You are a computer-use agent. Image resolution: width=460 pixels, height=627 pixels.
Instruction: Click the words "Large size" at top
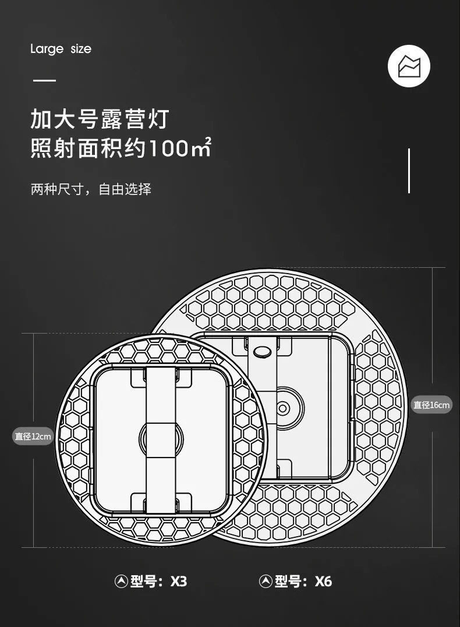[61, 49]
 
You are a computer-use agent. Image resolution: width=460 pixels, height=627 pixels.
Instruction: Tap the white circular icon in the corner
[409, 66]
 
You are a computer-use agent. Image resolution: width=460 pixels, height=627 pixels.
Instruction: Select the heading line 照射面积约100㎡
[121, 148]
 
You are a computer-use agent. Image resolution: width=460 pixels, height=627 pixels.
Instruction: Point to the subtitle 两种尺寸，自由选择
[91, 189]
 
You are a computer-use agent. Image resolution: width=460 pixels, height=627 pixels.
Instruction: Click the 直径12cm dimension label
[33, 436]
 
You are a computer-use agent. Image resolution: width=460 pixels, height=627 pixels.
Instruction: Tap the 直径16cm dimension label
[432, 405]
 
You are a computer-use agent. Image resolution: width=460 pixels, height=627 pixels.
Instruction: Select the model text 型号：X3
[158, 581]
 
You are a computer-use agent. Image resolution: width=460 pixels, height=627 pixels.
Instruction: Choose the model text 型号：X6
[303, 581]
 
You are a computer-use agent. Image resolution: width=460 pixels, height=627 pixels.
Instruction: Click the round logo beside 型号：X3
[121, 581]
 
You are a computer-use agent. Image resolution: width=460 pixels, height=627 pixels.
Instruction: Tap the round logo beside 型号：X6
[266, 581]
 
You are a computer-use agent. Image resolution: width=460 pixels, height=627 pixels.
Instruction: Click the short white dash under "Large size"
[44, 80]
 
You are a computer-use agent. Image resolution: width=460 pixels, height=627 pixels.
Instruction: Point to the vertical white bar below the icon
[409, 171]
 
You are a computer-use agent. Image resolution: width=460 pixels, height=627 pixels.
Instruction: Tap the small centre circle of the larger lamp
[283, 408]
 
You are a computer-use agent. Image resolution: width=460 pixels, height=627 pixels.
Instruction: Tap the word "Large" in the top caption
[47, 49]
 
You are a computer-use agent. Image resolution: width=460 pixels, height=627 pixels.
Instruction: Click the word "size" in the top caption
[81, 49]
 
